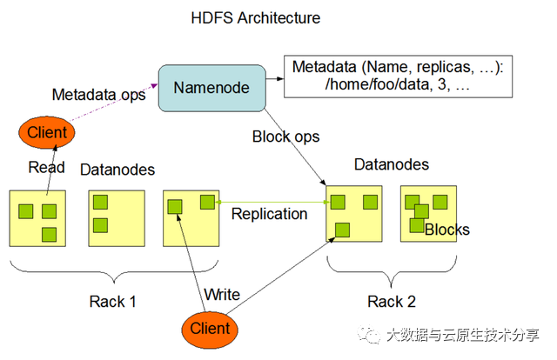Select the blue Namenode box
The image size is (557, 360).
[211, 87]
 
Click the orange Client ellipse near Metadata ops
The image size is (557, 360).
[47, 133]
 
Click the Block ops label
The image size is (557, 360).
[285, 137]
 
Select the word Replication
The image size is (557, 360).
[269, 213]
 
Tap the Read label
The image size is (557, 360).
[46, 167]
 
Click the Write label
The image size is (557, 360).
[222, 295]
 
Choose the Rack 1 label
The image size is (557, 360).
[113, 302]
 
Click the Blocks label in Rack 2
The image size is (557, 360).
[447, 230]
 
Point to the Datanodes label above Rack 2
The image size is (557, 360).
[392, 164]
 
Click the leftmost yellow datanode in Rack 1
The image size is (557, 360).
[37, 218]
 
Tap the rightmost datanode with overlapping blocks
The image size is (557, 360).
[427, 214]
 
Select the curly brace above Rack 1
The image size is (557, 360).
[113, 271]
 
